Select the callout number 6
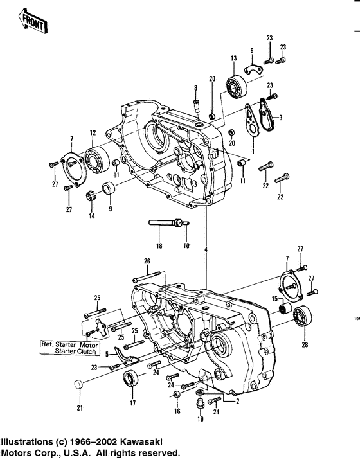(251, 51)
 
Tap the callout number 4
(206, 249)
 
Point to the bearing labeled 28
(301, 318)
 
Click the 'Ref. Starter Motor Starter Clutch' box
(67, 348)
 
